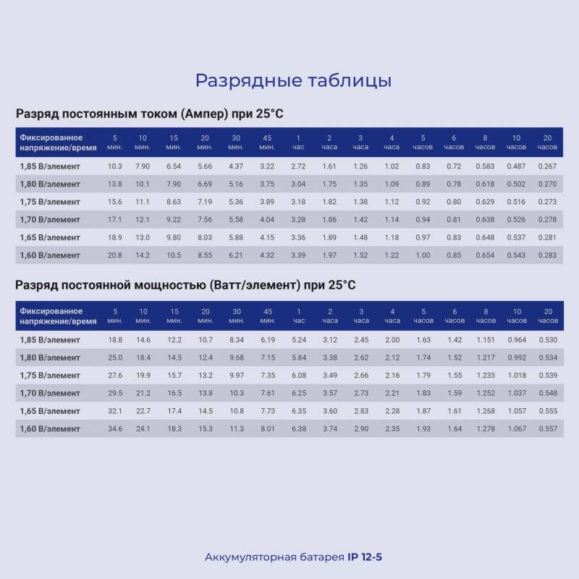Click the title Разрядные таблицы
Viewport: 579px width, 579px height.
tap(293, 80)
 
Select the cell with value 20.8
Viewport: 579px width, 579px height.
tap(114, 255)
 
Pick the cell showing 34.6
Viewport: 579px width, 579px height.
tap(114, 428)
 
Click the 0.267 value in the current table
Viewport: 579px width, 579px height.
tap(547, 166)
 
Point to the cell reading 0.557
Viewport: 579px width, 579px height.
tap(547, 428)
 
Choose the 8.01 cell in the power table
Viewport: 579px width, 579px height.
tap(268, 428)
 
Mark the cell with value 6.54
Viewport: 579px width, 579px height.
tap(174, 166)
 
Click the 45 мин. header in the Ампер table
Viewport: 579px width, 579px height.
tap(267, 143)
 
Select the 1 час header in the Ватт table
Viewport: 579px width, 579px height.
tap(298, 316)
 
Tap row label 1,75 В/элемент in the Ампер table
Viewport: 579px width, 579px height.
tap(50, 202)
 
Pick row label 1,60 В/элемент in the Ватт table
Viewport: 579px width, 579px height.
tap(50, 428)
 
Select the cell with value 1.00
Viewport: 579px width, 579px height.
tap(423, 255)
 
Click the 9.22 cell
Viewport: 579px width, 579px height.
tap(174, 220)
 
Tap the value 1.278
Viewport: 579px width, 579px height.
tap(485, 428)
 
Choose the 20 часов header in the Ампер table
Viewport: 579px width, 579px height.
tap(547, 143)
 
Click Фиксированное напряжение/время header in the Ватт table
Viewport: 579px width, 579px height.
tap(51, 316)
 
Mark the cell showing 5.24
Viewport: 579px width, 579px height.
tap(298, 339)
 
